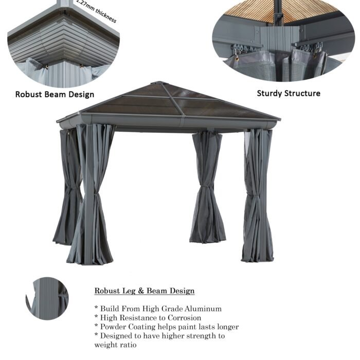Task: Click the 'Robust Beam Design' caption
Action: point(55,94)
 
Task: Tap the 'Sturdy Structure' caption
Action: point(289,93)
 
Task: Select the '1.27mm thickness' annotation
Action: point(96,11)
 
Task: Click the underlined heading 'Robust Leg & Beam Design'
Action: point(145,291)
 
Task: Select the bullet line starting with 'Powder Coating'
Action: point(166,327)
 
